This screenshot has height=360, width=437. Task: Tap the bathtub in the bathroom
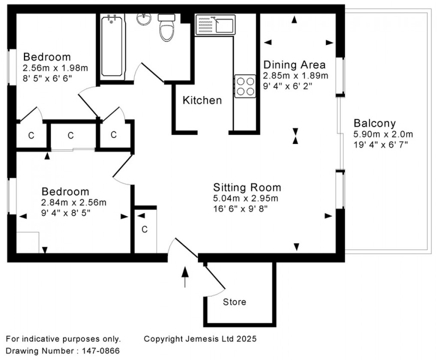click(x=112, y=46)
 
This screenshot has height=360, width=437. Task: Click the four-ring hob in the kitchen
click(x=245, y=86)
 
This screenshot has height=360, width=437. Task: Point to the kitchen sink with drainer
click(x=215, y=24)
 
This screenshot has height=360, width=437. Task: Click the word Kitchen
click(x=202, y=101)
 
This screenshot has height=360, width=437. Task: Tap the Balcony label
click(x=374, y=123)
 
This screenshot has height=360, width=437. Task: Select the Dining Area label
click(x=294, y=65)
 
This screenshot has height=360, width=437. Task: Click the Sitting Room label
click(x=247, y=187)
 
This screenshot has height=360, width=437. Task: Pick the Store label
click(x=234, y=302)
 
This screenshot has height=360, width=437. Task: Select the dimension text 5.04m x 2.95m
click(x=245, y=198)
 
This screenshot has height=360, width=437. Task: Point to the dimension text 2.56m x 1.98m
click(x=55, y=68)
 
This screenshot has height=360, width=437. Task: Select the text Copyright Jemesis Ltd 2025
click(x=200, y=339)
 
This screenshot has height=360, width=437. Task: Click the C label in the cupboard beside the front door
click(x=145, y=230)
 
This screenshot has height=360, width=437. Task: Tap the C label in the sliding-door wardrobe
click(x=71, y=135)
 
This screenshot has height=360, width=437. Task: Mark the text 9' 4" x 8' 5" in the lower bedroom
click(x=66, y=213)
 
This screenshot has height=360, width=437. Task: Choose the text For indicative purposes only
click(x=63, y=339)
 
